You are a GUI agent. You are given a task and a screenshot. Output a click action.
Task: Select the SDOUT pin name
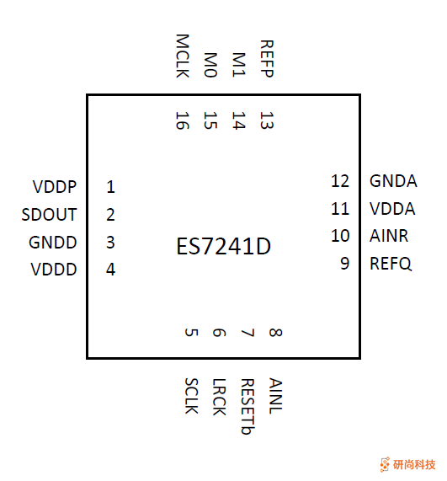50,215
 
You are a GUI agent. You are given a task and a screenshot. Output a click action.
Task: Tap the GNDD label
53,243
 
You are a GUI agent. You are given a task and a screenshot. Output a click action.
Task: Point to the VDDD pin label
54,270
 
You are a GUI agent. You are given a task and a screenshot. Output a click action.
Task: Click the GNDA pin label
393,181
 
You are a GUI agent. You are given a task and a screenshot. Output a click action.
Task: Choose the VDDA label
393,209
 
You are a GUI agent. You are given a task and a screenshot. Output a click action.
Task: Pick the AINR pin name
389,236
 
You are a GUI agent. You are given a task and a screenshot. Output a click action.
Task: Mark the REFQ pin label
391,264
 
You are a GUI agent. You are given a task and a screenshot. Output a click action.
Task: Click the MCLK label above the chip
183,56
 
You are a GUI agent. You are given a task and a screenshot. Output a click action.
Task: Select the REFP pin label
266,58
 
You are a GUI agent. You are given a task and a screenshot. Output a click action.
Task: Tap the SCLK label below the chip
190,396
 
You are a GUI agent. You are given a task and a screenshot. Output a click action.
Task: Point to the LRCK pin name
218,396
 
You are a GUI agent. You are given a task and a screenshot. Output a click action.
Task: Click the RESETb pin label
246,407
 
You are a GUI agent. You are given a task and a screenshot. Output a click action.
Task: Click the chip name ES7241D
224,247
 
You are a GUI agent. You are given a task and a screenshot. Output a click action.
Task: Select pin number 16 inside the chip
183,120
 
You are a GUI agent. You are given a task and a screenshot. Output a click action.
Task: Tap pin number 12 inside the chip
340,181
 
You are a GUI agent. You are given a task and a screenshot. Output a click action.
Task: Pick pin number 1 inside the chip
110,187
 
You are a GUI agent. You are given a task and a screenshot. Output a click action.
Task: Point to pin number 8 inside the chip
274,333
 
